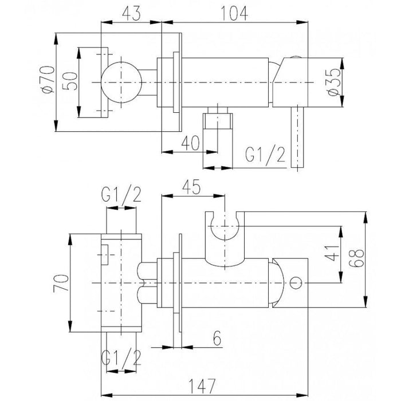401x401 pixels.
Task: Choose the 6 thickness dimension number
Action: (x=217, y=339)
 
